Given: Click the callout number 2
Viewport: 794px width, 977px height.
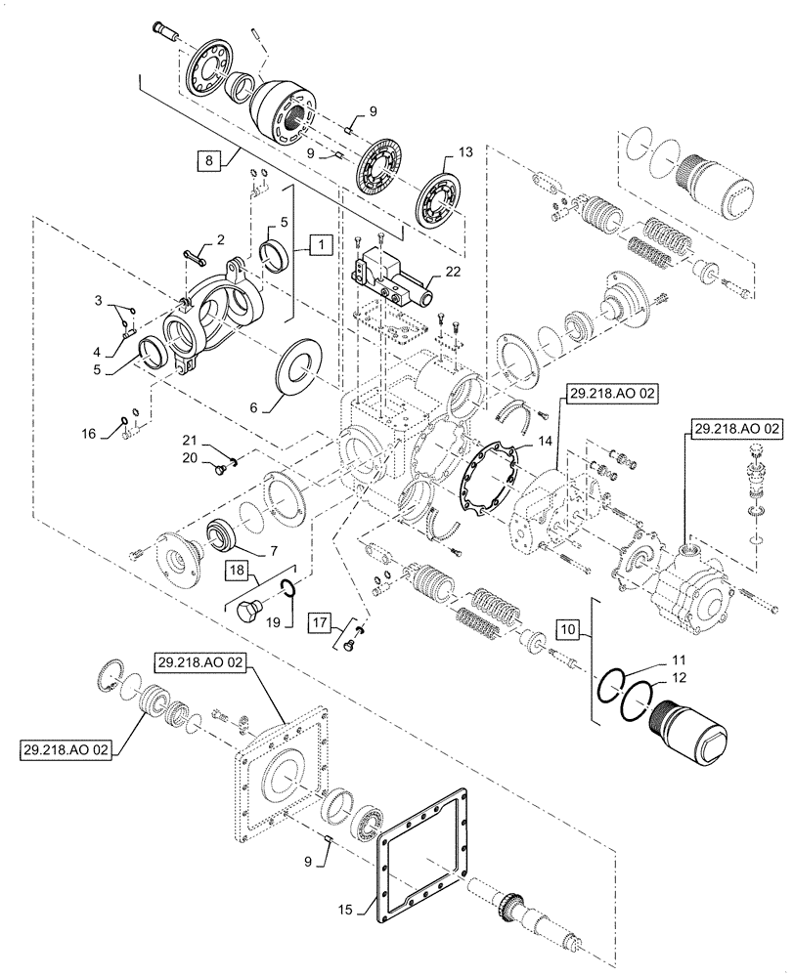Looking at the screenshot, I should pyautogui.click(x=220, y=238).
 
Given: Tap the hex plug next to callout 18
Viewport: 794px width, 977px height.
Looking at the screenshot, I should pyautogui.click(x=250, y=612).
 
